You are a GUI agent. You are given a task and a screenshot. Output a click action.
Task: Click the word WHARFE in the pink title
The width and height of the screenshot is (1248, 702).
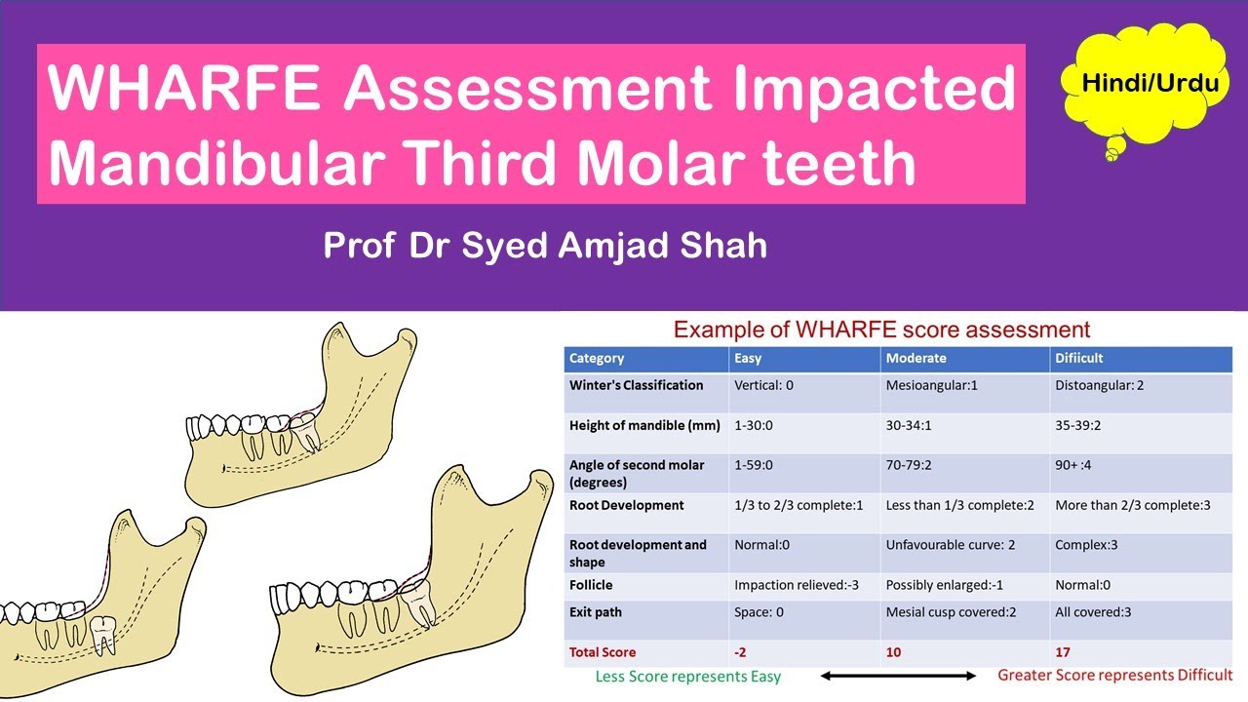tap(186, 89)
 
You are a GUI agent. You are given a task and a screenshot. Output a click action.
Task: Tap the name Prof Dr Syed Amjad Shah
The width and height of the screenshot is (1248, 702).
tap(545, 245)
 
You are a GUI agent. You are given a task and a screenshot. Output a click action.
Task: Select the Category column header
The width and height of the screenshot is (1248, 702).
tap(597, 358)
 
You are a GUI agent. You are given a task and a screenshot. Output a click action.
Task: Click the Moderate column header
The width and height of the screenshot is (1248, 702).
tap(916, 358)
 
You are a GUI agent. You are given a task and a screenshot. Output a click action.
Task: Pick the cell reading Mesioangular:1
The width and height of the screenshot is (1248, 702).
tap(931, 385)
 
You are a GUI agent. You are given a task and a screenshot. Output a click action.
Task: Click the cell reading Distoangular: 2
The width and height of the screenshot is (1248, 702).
tap(1099, 385)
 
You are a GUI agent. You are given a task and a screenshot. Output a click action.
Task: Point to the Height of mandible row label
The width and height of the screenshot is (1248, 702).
tap(644, 426)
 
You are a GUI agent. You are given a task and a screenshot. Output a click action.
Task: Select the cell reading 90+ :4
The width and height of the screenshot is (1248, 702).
tap(1072, 465)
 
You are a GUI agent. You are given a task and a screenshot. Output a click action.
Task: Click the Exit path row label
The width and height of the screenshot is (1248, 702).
tap(595, 612)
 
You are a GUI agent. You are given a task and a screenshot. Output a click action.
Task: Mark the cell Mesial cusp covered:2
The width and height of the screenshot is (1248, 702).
tap(949, 612)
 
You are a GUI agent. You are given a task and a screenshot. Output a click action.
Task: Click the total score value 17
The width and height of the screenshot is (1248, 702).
tap(1063, 652)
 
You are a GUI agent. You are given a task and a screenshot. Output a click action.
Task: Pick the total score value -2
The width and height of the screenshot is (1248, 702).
tap(742, 652)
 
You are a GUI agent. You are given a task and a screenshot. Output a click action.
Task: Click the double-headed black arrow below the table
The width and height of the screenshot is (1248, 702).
tap(898, 676)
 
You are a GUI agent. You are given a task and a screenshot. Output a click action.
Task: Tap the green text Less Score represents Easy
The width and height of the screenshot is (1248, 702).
tap(688, 676)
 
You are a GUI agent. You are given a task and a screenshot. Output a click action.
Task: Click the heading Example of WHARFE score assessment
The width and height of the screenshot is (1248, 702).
tap(881, 330)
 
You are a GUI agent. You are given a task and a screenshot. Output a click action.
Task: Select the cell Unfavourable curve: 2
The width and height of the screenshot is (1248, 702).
tap(950, 545)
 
